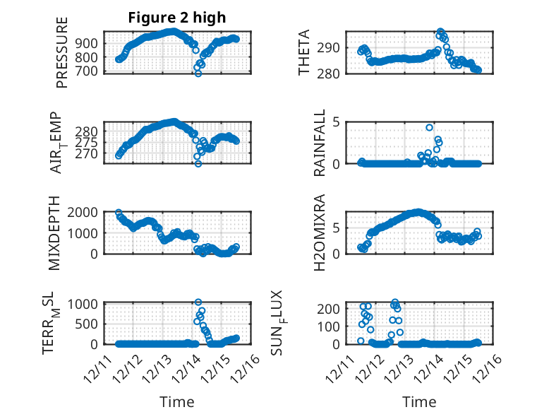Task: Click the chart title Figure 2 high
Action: [x=176, y=18]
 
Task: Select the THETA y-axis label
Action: [x=304, y=52]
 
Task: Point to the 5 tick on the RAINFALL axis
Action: [x=337, y=122]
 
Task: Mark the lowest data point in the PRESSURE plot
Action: [x=198, y=73]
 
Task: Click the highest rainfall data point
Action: [x=429, y=127]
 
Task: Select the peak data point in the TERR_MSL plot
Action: [x=198, y=302]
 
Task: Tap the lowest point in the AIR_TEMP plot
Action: [x=198, y=163]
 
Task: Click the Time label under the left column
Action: [x=176, y=401]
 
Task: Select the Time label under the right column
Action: [x=419, y=401]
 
